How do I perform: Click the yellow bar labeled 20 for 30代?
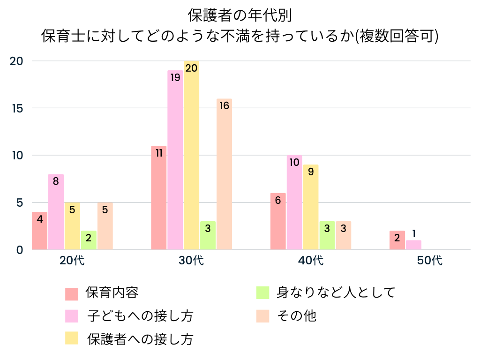pos(191,155)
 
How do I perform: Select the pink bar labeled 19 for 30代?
pos(175,160)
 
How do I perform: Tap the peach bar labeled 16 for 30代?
pos(224,174)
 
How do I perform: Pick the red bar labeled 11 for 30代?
pos(159,197)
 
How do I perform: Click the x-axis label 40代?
pos(311,261)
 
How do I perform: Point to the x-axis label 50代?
pos(430,261)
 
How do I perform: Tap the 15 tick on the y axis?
pos(17,108)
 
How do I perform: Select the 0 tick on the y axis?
pos(20,250)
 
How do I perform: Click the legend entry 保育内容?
pos(112,293)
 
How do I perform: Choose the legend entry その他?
pos(296,316)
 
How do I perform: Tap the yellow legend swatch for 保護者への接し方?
pos(72,338)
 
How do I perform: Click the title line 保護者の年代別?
pos(240,15)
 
